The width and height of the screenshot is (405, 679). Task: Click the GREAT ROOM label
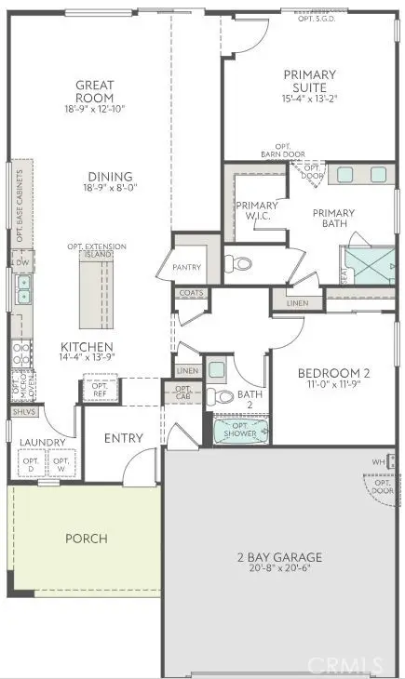point(95,92)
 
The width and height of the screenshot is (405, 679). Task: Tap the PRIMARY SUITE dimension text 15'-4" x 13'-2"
point(310,99)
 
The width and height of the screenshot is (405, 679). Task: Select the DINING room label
point(110,177)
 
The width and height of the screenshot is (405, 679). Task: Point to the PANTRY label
point(187,268)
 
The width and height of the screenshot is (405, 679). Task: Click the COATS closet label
point(192,293)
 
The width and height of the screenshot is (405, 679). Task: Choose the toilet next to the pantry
point(242,264)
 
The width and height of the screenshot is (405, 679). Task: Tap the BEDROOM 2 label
point(333,374)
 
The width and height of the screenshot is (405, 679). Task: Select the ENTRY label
point(123,438)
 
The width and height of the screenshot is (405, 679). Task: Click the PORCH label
point(86,538)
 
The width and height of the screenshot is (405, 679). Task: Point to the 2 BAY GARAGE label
point(278,557)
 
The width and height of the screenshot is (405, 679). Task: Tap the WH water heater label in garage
point(378,461)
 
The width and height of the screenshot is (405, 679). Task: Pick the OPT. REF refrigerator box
point(97,390)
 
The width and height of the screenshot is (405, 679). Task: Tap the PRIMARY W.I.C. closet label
point(256,211)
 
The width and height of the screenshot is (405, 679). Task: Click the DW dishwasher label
point(20,262)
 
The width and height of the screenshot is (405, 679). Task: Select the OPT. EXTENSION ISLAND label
point(97,250)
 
